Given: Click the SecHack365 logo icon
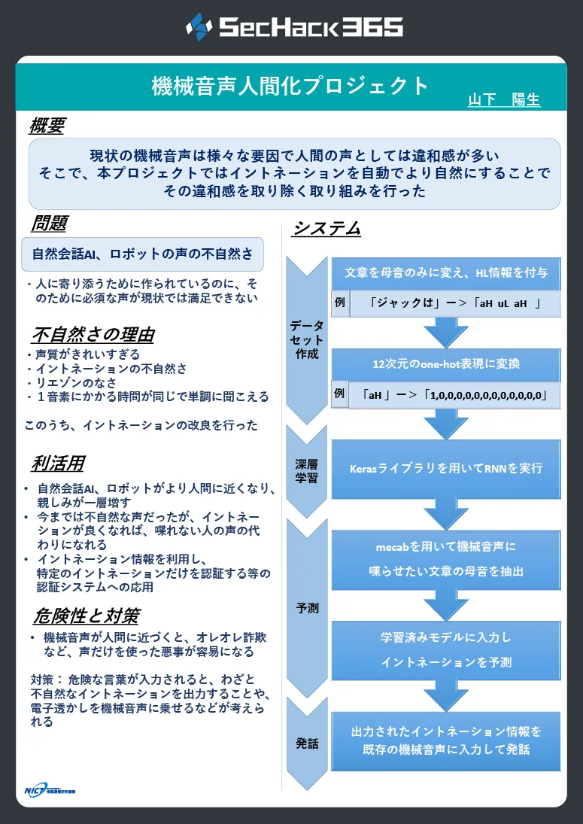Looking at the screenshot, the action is (x=199, y=26).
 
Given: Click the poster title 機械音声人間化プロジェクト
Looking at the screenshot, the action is (x=290, y=87).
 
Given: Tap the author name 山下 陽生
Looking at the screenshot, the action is (x=504, y=99).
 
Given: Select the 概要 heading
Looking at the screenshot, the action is (x=47, y=126).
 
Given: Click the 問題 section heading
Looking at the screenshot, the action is (x=50, y=223).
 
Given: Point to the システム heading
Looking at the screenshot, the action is (x=326, y=228).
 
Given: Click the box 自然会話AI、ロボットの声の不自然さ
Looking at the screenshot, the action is (x=142, y=254).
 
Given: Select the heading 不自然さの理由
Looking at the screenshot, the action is (x=93, y=335).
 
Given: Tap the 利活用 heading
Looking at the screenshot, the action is (x=58, y=464).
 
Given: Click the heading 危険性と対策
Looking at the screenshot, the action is (x=87, y=616).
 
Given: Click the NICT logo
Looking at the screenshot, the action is (x=50, y=790).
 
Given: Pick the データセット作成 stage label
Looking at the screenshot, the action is (x=307, y=340).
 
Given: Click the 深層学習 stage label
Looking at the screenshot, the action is (x=306, y=471).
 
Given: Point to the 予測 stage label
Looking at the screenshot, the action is (x=307, y=608).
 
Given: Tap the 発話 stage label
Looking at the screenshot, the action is (x=307, y=743).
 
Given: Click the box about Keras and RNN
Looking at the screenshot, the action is (x=446, y=469).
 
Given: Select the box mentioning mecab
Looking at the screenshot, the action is (x=446, y=560).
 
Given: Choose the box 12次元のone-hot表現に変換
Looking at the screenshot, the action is (x=446, y=364).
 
